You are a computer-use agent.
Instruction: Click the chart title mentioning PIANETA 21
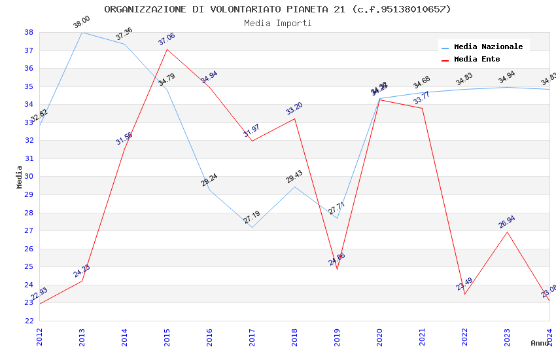277,9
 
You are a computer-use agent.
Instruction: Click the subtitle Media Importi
277,23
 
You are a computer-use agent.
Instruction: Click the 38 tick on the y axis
29,32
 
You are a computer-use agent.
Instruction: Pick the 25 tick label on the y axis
29,266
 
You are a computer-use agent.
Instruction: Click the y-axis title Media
20,177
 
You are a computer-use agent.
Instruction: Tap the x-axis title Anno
540,343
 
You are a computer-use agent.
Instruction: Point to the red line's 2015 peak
167,49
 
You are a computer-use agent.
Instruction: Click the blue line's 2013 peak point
82,32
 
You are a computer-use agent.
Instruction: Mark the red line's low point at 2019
337,269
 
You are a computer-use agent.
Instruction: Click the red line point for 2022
464,294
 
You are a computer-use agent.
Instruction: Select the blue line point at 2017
252,227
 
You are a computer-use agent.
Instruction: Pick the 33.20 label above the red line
294,109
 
